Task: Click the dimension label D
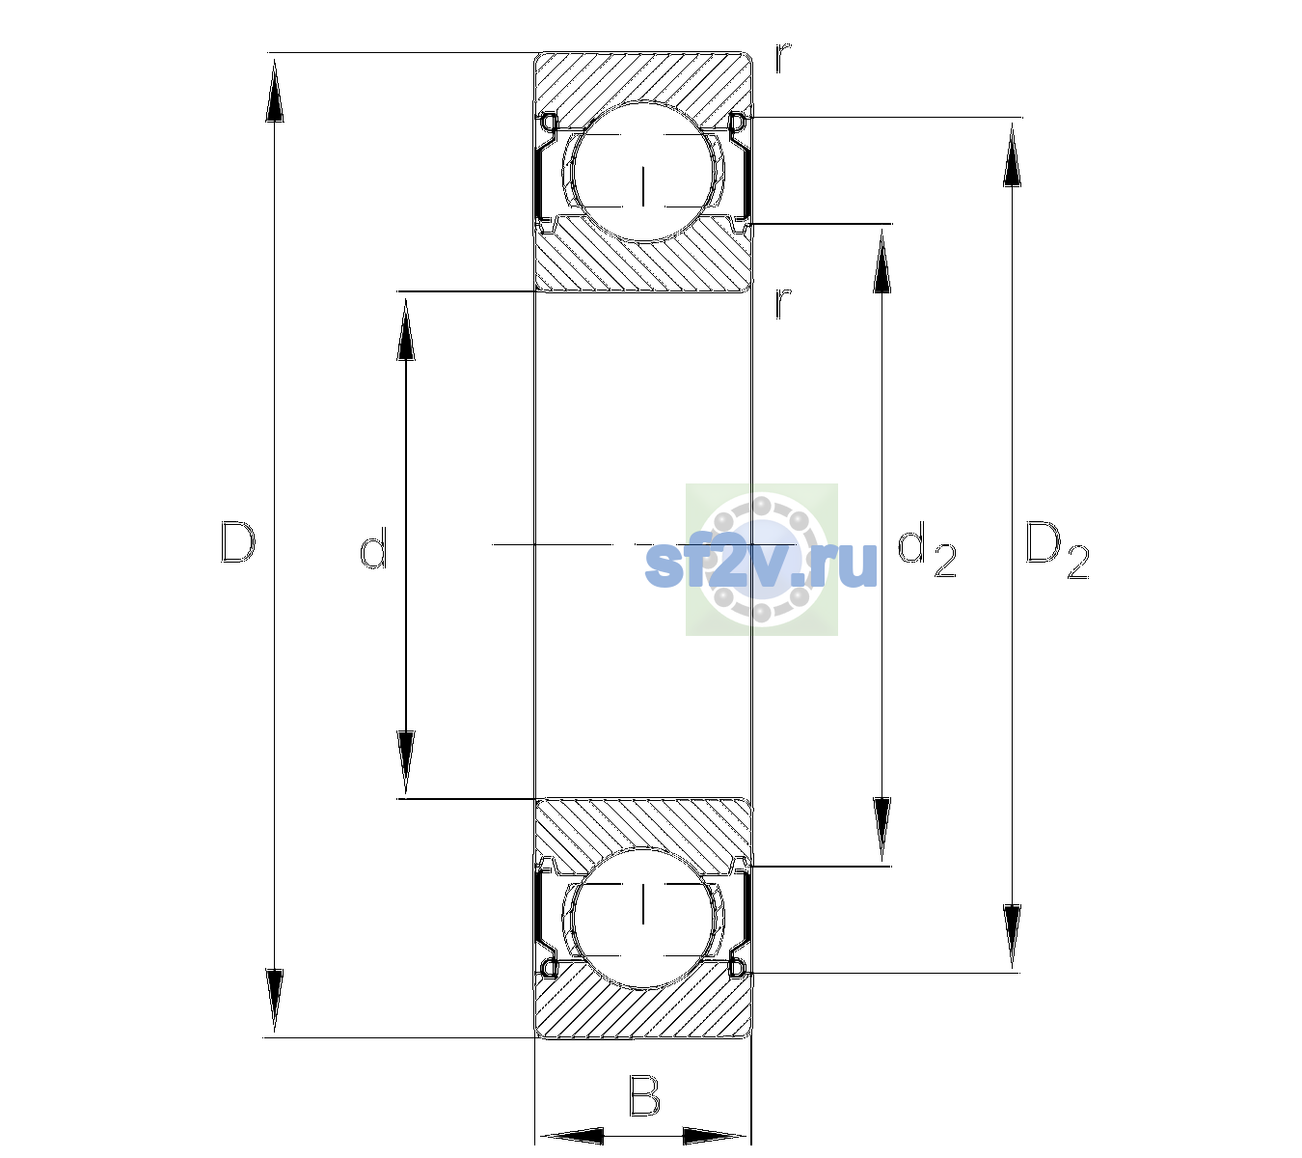tap(238, 542)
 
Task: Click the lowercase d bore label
tap(373, 548)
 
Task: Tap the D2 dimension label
tap(1056, 551)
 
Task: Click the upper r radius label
tap(783, 58)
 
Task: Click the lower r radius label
tap(783, 303)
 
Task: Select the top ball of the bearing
tap(643, 172)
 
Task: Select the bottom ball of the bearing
tap(643, 917)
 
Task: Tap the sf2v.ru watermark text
tap(761, 565)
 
